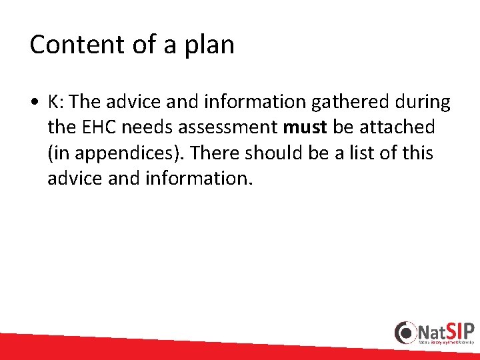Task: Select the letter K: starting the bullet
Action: coord(55,101)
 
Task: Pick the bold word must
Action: coord(304,127)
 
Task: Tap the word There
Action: coord(213,153)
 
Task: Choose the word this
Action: coord(417,153)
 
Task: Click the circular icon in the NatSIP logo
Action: coord(405,332)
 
